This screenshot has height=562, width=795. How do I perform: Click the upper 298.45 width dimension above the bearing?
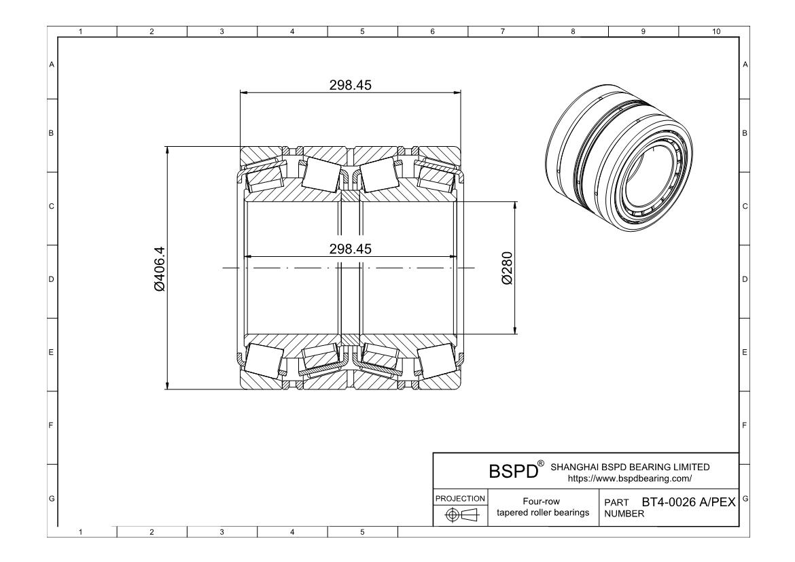[351, 84]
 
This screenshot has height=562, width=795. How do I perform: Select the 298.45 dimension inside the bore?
[351, 249]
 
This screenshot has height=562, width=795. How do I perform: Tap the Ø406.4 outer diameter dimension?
[160, 269]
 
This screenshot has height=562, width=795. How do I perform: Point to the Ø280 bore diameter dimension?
[507, 269]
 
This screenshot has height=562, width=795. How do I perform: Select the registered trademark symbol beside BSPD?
[541, 463]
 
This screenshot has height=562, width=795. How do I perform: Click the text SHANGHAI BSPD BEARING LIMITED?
[629, 467]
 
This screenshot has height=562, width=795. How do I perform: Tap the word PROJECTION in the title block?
[459, 499]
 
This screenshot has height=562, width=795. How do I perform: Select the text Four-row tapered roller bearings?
[542, 507]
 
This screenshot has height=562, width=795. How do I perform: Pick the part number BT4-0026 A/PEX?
[688, 502]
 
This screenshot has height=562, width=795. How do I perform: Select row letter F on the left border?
[51, 427]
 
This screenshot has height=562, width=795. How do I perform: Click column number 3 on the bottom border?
[222, 532]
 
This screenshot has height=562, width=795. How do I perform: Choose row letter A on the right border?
[745, 65]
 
